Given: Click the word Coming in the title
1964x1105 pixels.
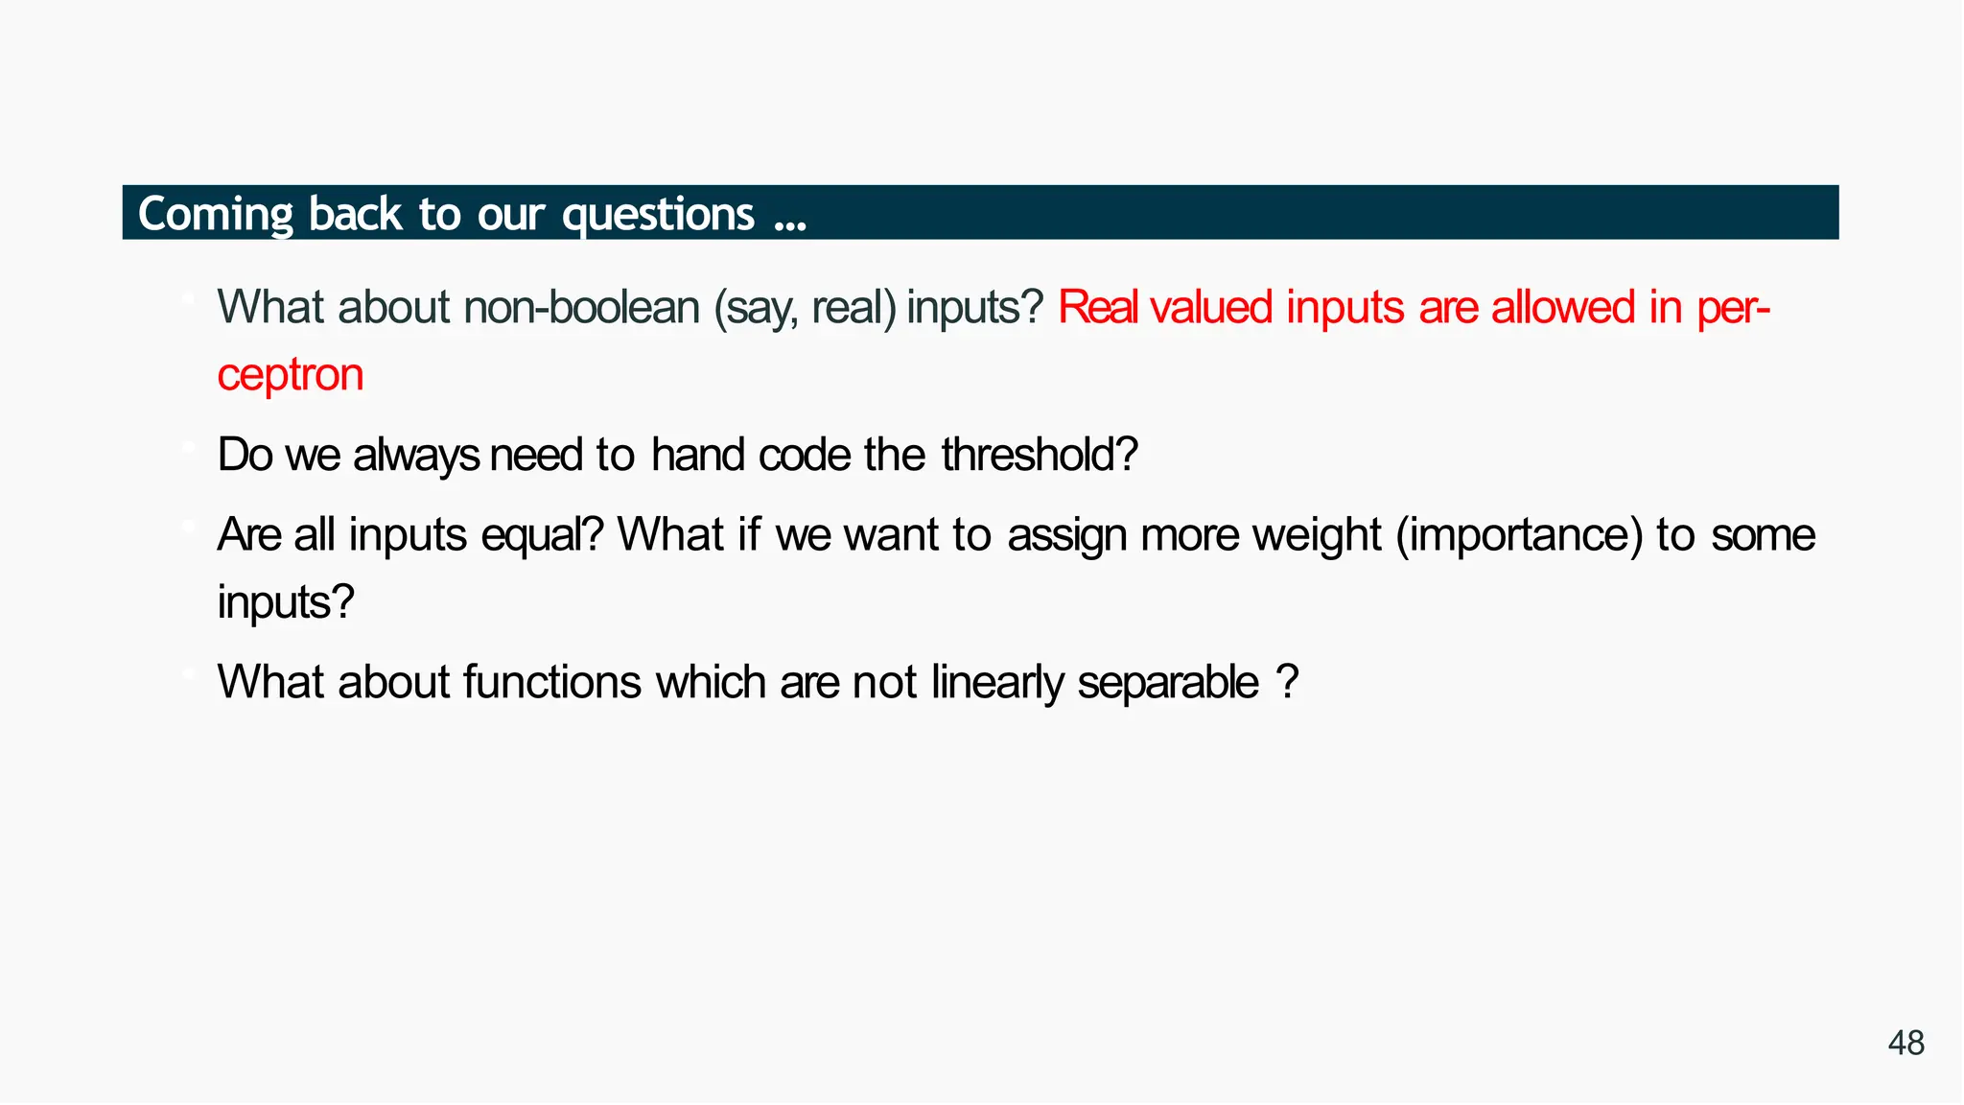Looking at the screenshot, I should [216, 214].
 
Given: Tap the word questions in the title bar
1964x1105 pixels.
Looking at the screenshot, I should [658, 214].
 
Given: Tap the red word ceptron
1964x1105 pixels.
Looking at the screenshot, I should [290, 375].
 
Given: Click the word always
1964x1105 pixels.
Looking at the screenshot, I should [416, 456].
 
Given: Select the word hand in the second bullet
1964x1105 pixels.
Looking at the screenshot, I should [697, 455].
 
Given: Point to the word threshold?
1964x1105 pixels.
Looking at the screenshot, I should [1039, 455].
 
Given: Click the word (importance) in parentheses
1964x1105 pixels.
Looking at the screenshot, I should [1519, 535].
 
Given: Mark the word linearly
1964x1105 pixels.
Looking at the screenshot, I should [997, 683].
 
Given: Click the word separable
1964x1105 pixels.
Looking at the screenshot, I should [1167, 683].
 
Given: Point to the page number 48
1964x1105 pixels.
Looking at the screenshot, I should [1906, 1043].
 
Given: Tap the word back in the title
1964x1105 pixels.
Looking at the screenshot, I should [355, 214].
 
